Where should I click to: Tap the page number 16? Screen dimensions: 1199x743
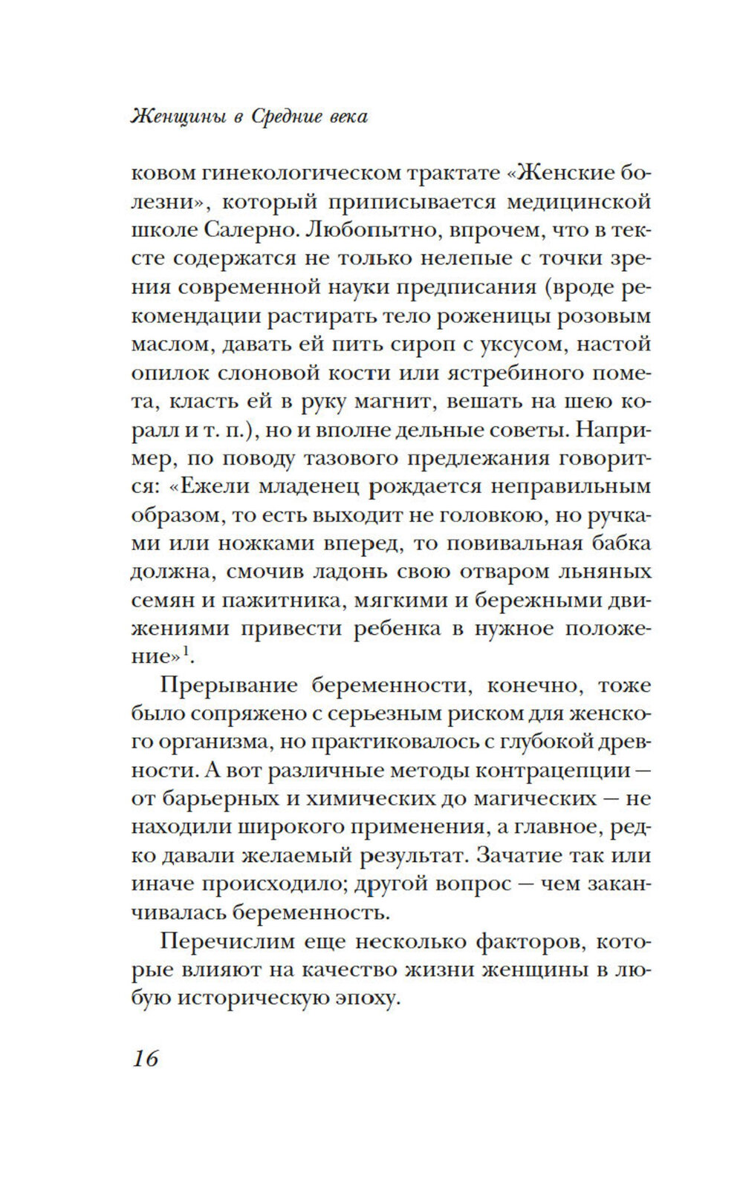(x=146, y=1057)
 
